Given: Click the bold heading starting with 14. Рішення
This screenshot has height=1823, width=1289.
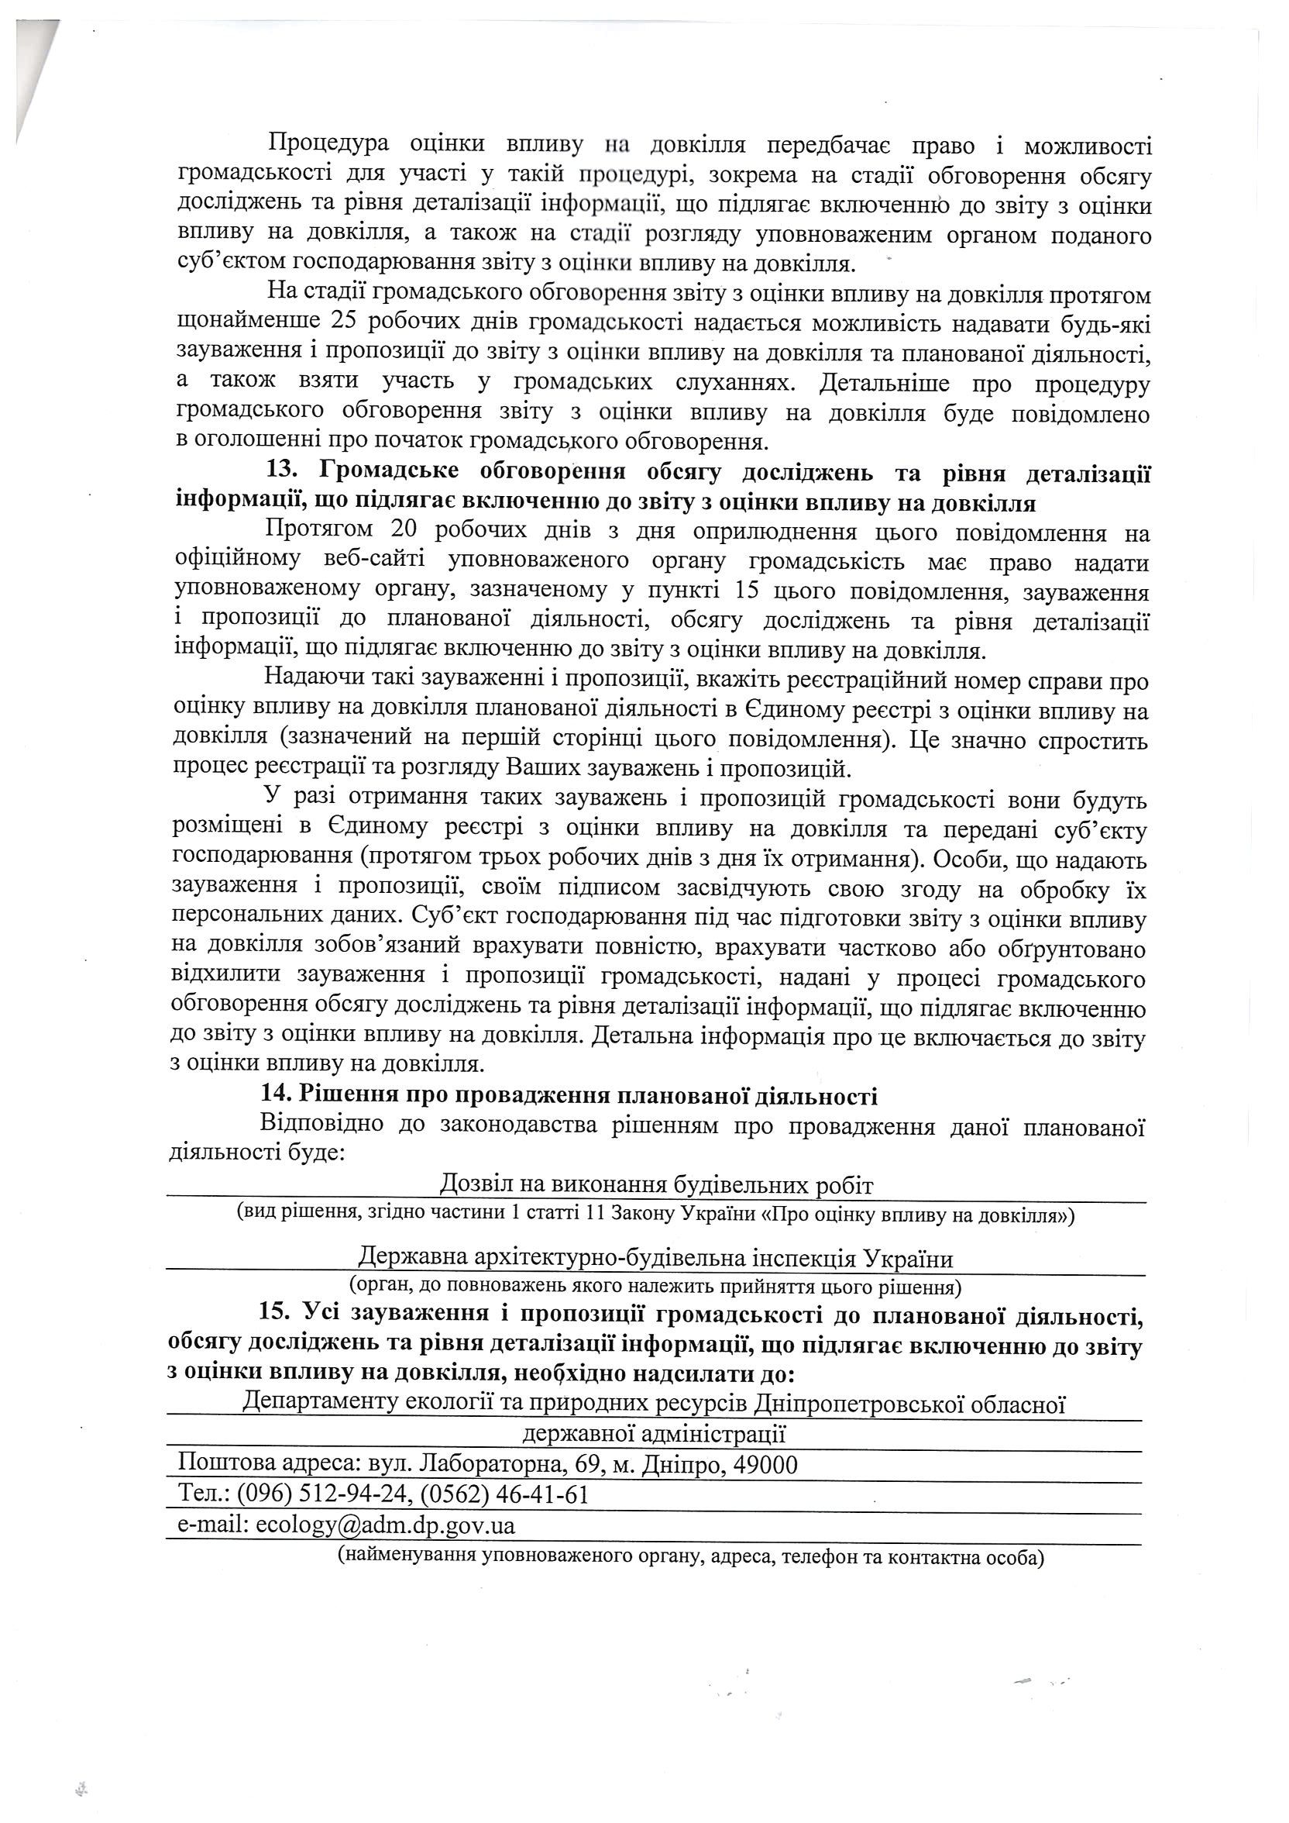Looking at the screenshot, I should (x=569, y=1098).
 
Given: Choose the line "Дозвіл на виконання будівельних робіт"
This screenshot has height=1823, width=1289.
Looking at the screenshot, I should (x=655, y=1187).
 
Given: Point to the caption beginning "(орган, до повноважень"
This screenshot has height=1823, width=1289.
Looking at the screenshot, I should (x=655, y=1287).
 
